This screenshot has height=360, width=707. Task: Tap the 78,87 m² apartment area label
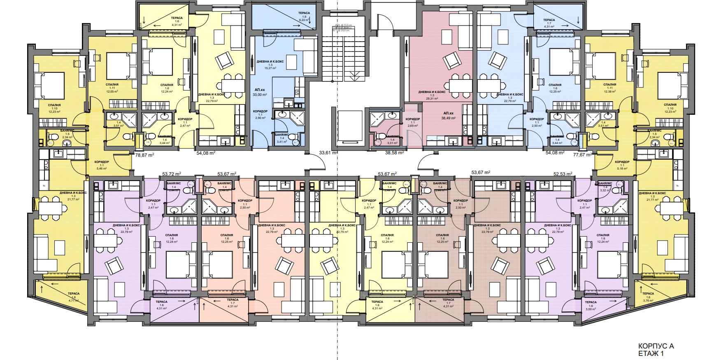[x=144, y=155]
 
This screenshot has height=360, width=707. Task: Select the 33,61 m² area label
[x=328, y=153]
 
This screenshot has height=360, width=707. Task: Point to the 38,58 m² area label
[x=394, y=153]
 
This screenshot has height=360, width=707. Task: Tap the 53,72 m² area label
[x=172, y=174]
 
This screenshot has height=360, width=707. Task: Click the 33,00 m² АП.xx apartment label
[x=260, y=92]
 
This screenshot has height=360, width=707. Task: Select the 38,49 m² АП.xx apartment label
[x=448, y=116]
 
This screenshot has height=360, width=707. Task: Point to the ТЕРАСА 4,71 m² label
[x=74, y=297]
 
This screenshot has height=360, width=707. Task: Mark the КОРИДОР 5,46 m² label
[x=101, y=165]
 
